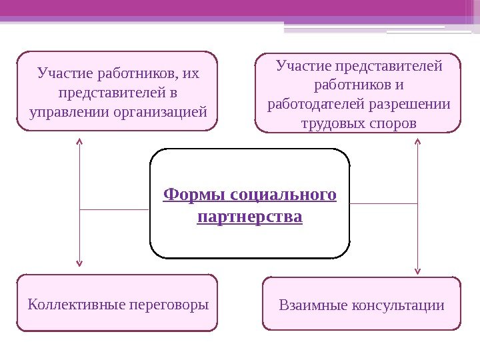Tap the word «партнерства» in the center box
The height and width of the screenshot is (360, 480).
click(x=250, y=217)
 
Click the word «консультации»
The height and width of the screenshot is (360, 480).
click(x=398, y=305)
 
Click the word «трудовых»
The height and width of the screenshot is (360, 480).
click(x=331, y=124)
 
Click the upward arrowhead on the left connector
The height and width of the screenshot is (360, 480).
click(x=80, y=141)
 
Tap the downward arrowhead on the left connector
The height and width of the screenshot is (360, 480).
click(x=80, y=263)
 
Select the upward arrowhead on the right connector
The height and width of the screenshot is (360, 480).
click(x=418, y=141)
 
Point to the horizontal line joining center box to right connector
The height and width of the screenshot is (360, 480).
click(x=384, y=203)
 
